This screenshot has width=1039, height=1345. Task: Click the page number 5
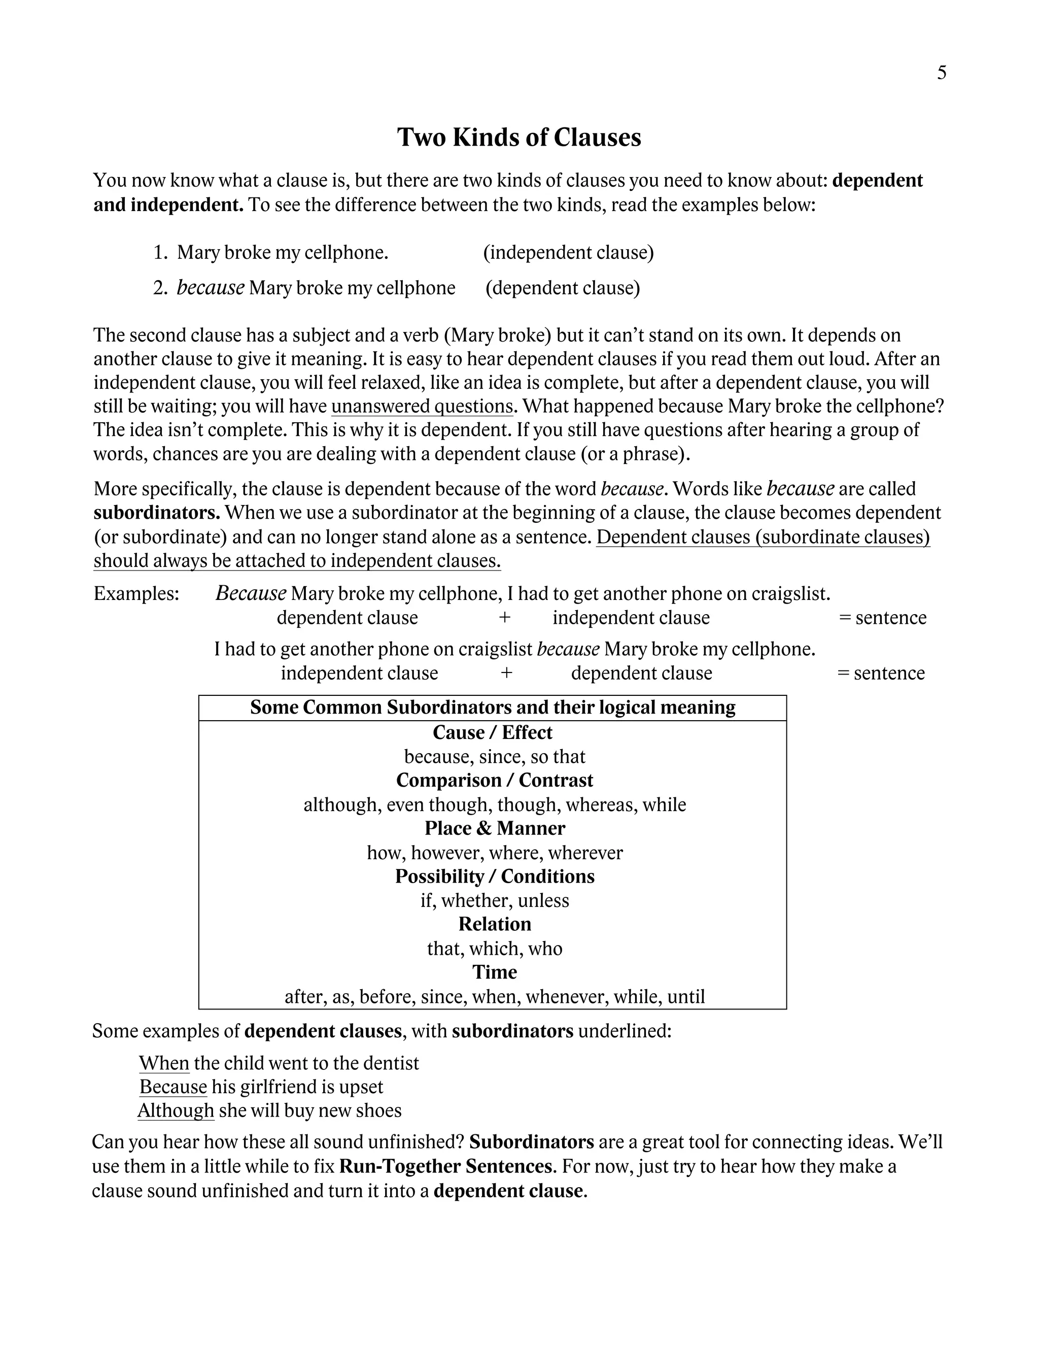point(941,73)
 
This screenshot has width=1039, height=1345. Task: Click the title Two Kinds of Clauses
point(519,138)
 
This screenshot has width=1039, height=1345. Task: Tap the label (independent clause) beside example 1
point(568,252)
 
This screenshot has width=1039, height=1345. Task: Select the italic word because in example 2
point(211,288)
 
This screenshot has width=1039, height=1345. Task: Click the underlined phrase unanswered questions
point(422,407)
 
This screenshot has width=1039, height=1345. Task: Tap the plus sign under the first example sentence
point(505,618)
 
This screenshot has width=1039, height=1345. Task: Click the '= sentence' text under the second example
point(881,673)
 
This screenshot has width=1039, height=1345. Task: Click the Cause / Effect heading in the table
point(493,733)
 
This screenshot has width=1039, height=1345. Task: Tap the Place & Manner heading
point(494,828)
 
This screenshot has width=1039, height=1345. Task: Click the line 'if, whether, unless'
point(494,900)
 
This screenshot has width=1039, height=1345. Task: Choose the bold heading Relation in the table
point(494,924)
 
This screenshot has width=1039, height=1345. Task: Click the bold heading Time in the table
point(494,972)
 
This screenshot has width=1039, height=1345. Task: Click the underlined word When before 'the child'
point(164,1063)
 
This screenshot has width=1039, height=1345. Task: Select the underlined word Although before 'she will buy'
point(176,1111)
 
